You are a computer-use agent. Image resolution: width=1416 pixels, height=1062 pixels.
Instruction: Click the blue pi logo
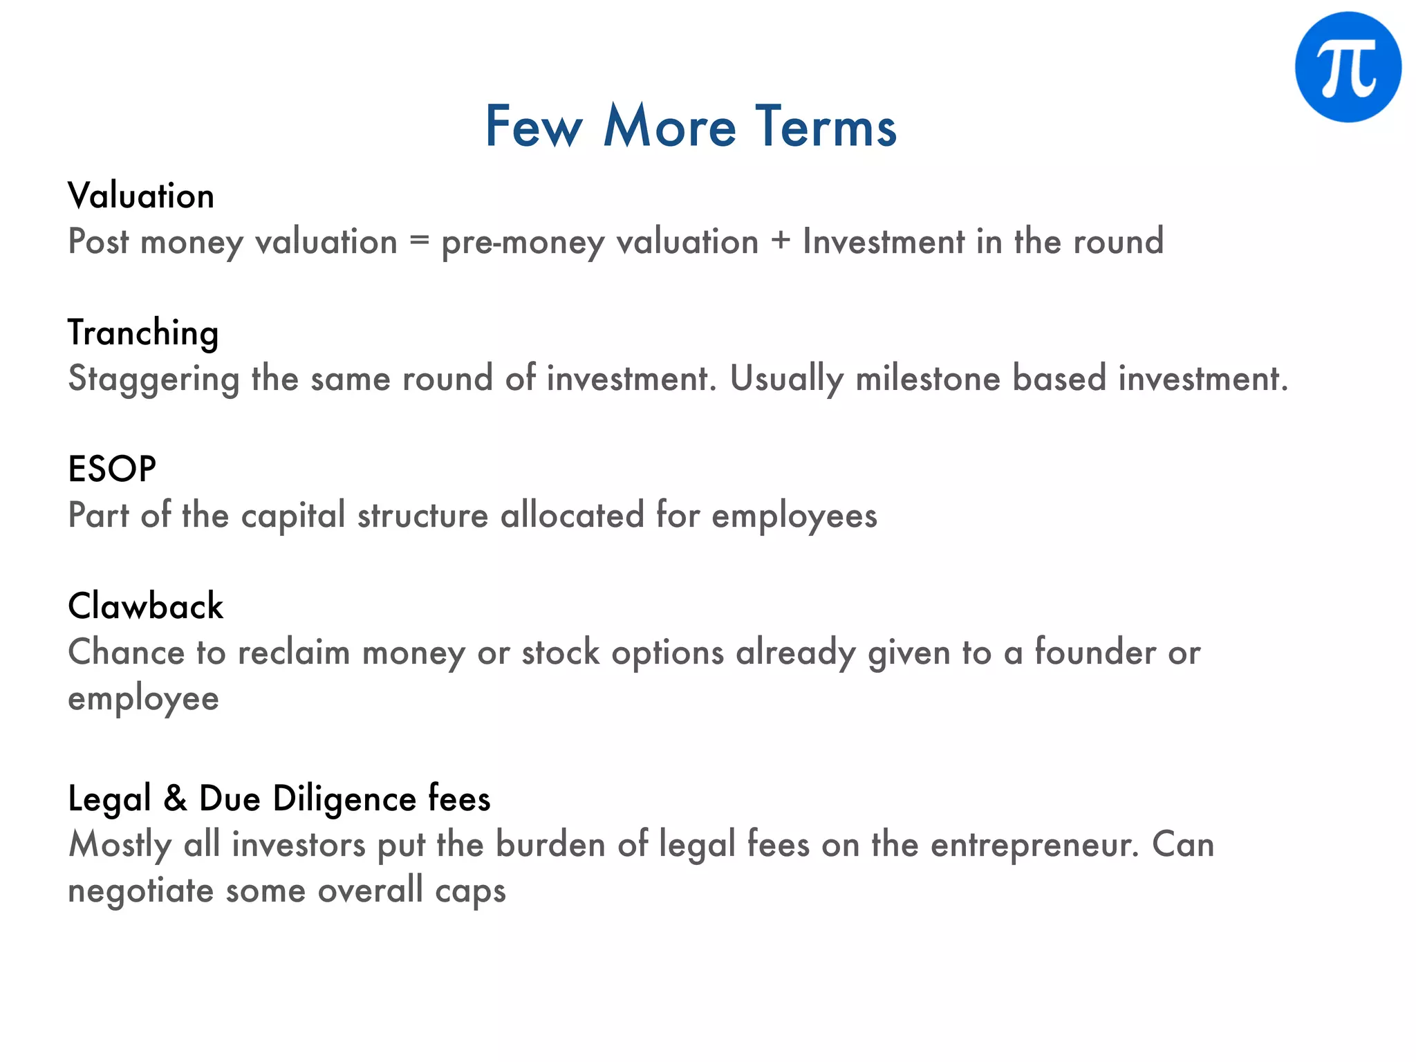pos(1348,67)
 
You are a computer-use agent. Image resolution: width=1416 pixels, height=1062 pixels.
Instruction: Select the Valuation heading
pos(141,196)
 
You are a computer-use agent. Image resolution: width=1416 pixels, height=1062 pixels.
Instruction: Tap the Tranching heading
pos(143,333)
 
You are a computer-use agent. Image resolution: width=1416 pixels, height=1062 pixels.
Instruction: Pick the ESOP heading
pos(112,469)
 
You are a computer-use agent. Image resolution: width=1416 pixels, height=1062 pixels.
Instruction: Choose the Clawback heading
pos(146,606)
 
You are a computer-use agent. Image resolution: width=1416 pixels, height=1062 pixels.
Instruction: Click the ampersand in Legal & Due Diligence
pos(176,799)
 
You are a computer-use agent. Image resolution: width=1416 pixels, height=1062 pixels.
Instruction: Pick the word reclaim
pos(294,653)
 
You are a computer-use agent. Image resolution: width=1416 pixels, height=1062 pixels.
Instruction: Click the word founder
pos(1095,653)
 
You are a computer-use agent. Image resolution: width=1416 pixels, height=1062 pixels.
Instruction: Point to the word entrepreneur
pos(1034,845)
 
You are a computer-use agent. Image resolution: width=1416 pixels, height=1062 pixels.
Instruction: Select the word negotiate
pos(140,891)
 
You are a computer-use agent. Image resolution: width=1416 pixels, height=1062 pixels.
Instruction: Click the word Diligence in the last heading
pos(344,799)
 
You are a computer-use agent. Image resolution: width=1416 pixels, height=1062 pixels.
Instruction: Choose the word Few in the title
pos(534,127)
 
